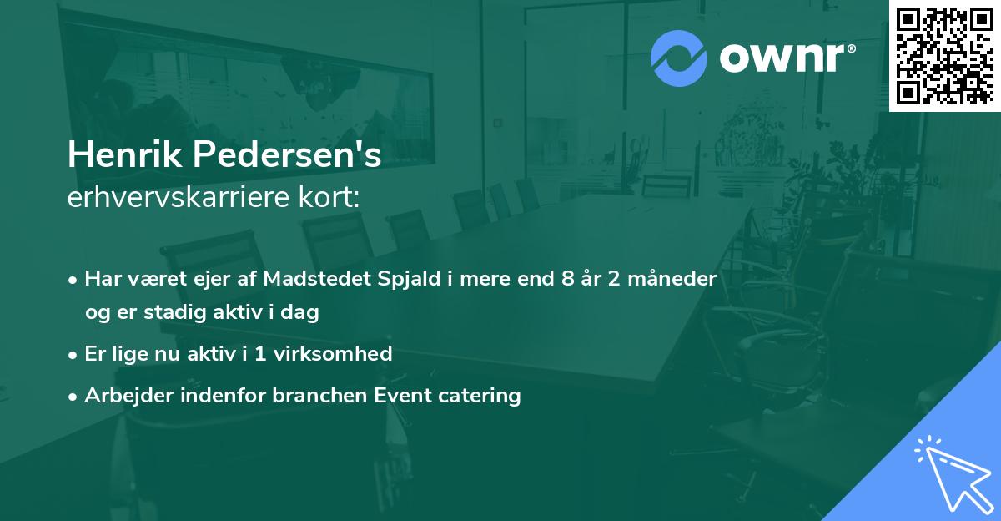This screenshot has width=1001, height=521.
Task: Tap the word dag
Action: coord(303,313)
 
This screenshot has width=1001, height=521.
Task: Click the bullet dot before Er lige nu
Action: coord(73,354)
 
